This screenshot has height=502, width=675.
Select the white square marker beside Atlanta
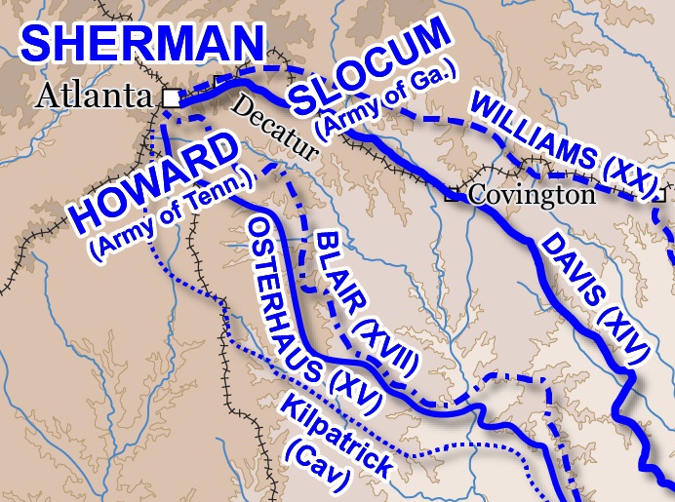pyautogui.click(x=171, y=97)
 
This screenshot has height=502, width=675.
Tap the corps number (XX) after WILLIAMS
pyautogui.click(x=626, y=174)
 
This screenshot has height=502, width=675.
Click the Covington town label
pyautogui.click(x=531, y=194)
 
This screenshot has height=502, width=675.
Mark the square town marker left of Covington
pyautogui.click(x=452, y=195)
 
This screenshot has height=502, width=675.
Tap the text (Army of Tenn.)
pyautogui.click(x=174, y=216)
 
